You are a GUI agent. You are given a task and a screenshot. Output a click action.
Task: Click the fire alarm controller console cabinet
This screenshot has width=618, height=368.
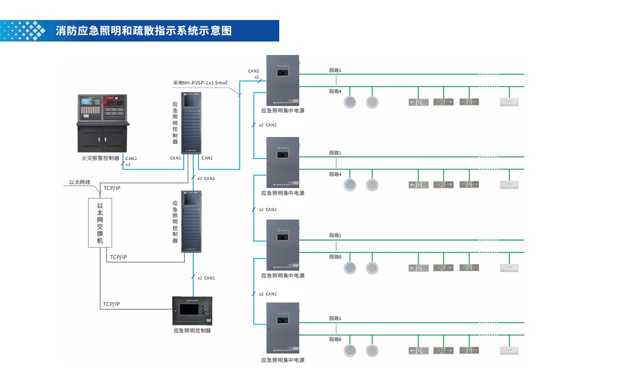pyautogui.click(x=103, y=122)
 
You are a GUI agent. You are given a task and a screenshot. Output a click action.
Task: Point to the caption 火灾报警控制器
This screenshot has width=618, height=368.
pyautogui.click(x=100, y=158)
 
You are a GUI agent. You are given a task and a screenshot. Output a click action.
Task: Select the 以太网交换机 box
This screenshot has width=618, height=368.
pyautogui.click(x=100, y=222)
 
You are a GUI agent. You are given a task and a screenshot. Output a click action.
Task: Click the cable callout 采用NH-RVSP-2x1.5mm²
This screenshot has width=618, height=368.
pyautogui.click(x=200, y=82)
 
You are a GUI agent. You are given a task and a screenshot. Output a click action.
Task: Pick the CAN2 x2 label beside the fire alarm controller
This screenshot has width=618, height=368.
pyautogui.click(x=131, y=161)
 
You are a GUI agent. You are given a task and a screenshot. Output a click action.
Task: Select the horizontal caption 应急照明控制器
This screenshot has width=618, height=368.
pyautogui.click(x=192, y=330)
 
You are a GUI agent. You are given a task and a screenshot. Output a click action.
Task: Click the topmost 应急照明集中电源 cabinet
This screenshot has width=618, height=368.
pyautogui.click(x=283, y=80)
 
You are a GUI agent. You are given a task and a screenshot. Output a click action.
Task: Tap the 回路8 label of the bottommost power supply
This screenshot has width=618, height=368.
pyautogui.click(x=335, y=339)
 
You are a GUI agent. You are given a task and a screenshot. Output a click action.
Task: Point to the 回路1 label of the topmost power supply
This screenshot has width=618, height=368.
pyautogui.click(x=335, y=70)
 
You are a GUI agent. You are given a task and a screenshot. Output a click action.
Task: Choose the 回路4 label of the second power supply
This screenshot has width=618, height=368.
pyautogui.click(x=335, y=174)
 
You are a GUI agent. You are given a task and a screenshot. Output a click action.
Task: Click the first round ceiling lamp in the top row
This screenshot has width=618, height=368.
pyautogui.click(x=350, y=102)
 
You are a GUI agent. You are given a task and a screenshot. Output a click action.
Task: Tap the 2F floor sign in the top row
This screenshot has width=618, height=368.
pyautogui.click(x=443, y=102)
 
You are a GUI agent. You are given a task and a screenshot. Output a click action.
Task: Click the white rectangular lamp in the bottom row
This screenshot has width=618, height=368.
pyautogui.click(x=509, y=351)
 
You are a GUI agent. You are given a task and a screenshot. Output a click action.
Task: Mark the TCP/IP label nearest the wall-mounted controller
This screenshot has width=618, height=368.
pyautogui.click(x=112, y=304)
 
